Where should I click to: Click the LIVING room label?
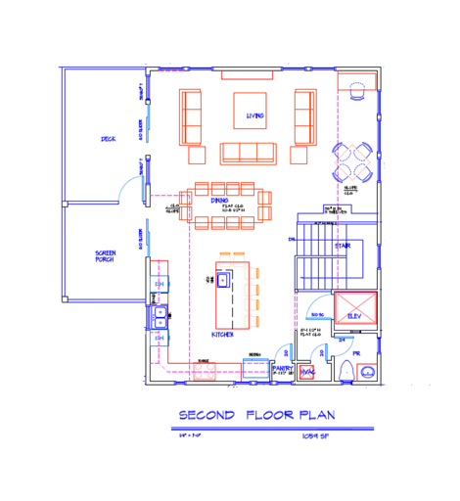255,116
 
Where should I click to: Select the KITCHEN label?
223,335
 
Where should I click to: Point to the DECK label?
108,139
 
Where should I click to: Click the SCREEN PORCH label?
106,256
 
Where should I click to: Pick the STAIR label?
343,246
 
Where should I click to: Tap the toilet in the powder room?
346,371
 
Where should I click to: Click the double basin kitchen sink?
160,316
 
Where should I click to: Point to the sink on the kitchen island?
223,280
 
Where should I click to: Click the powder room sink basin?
367,372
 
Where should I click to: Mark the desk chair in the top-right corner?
356,90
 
